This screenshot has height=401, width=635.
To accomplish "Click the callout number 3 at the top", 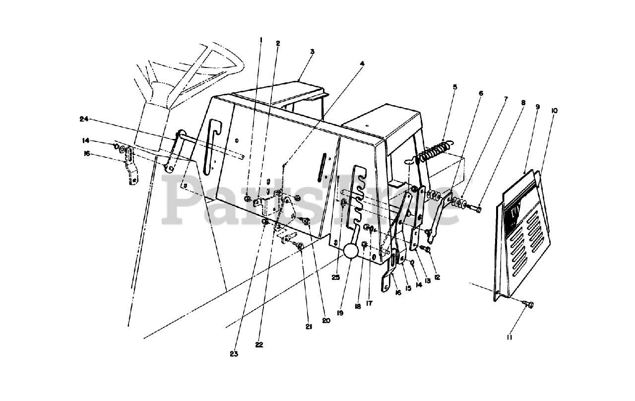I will [x=312, y=52].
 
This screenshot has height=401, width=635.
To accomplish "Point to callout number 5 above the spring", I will [x=454, y=87].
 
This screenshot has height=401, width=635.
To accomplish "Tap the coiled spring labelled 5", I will [x=435, y=148].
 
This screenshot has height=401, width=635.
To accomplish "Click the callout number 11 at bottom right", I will [x=508, y=337].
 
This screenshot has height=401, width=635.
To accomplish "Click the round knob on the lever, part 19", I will [x=351, y=251].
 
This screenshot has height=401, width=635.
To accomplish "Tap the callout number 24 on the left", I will [x=84, y=119].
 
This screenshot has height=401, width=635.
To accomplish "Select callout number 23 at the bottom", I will [x=234, y=354].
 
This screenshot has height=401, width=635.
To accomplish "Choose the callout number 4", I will [x=362, y=64].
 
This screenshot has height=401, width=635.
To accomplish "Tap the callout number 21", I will [x=308, y=327].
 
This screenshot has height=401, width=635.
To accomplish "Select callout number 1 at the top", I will [x=261, y=40].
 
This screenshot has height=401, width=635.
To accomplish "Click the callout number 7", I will [x=506, y=99].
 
